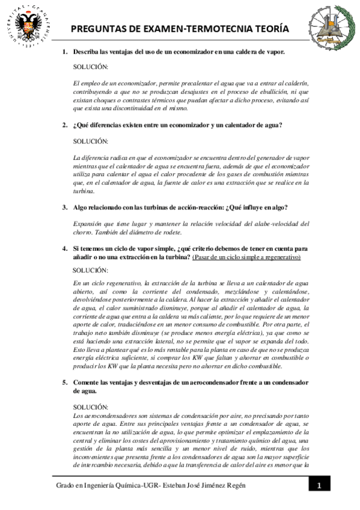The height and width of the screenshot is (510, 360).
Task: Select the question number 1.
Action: point(65,52)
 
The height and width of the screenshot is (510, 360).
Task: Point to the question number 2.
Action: point(65,125)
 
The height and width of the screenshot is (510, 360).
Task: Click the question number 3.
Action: point(65,207)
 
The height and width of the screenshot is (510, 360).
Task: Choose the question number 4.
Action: point(65,248)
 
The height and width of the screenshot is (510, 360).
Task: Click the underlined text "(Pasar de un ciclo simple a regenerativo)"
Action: point(246,257)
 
